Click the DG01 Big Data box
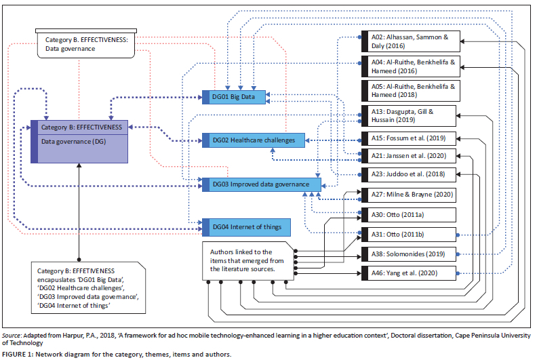point(235,97)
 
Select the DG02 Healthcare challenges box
point(253,140)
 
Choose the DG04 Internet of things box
point(242,226)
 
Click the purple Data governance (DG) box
point(79,142)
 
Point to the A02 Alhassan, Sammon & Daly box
point(410,41)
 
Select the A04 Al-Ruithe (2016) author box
point(410,66)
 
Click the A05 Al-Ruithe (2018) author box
point(410,90)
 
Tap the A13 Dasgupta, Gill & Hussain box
point(410,115)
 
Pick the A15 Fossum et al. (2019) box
point(410,138)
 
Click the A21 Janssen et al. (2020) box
point(410,155)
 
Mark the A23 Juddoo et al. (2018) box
point(410,174)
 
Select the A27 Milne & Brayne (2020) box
point(410,195)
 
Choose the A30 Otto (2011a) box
point(410,214)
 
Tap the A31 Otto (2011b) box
point(410,235)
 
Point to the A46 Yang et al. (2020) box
point(410,273)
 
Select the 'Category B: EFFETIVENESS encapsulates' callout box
point(89,284)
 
